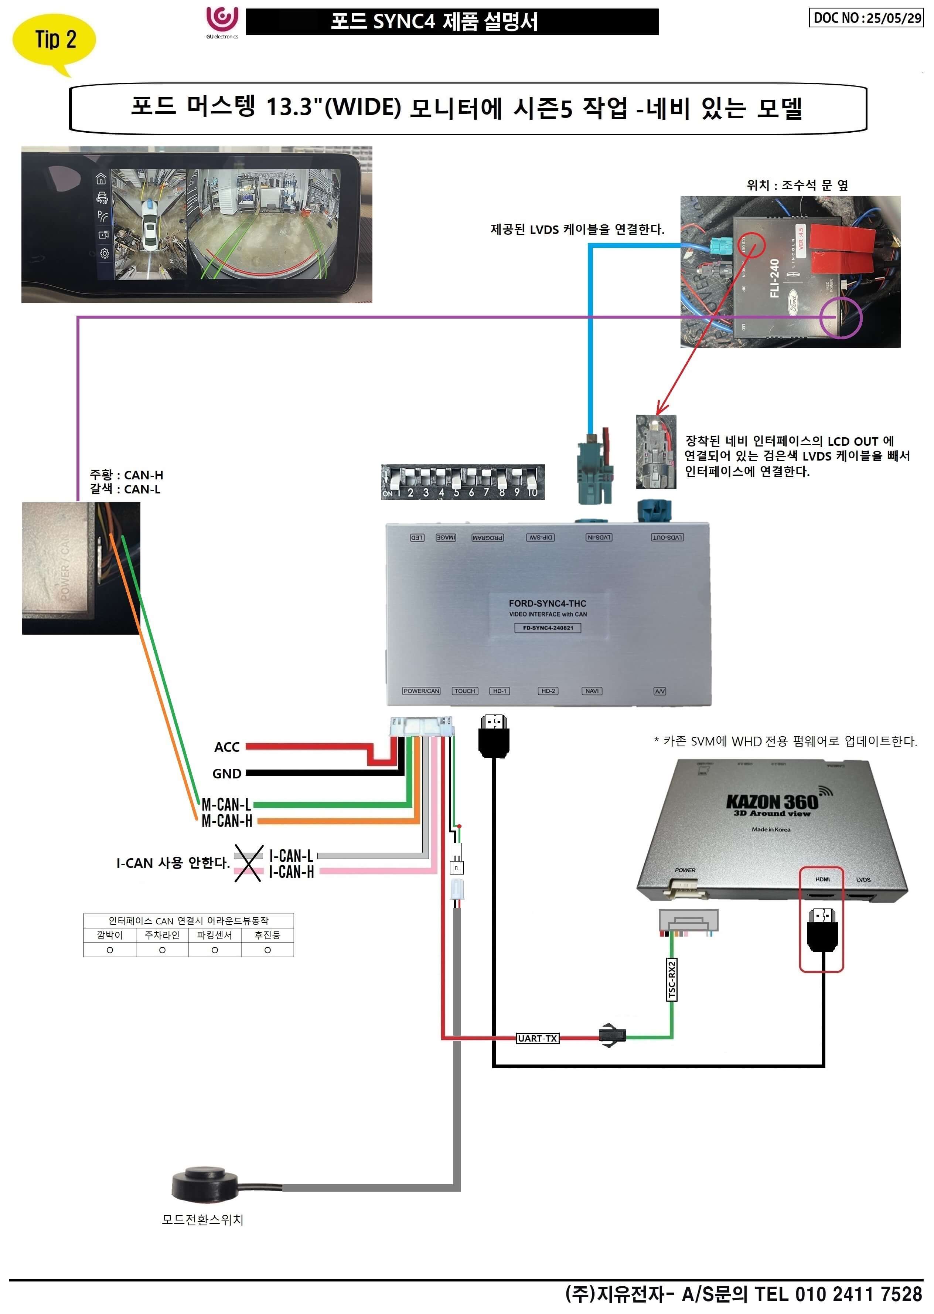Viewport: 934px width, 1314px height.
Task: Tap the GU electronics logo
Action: click(222, 22)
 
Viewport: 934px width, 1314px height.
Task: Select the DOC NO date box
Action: click(866, 18)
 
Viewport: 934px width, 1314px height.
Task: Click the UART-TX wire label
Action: click(537, 1038)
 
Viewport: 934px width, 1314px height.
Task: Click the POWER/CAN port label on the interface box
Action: click(421, 691)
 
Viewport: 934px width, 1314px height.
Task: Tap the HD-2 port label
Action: click(548, 691)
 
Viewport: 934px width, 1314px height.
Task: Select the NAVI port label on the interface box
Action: click(592, 691)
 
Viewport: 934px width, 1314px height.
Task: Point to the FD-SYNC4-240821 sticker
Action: click(548, 628)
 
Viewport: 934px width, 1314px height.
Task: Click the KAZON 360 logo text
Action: click(772, 801)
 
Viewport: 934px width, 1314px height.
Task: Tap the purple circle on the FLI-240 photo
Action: click(840, 318)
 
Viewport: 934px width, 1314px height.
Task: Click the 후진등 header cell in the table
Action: click(267, 935)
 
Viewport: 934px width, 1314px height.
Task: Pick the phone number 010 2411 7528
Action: click(858, 1294)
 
